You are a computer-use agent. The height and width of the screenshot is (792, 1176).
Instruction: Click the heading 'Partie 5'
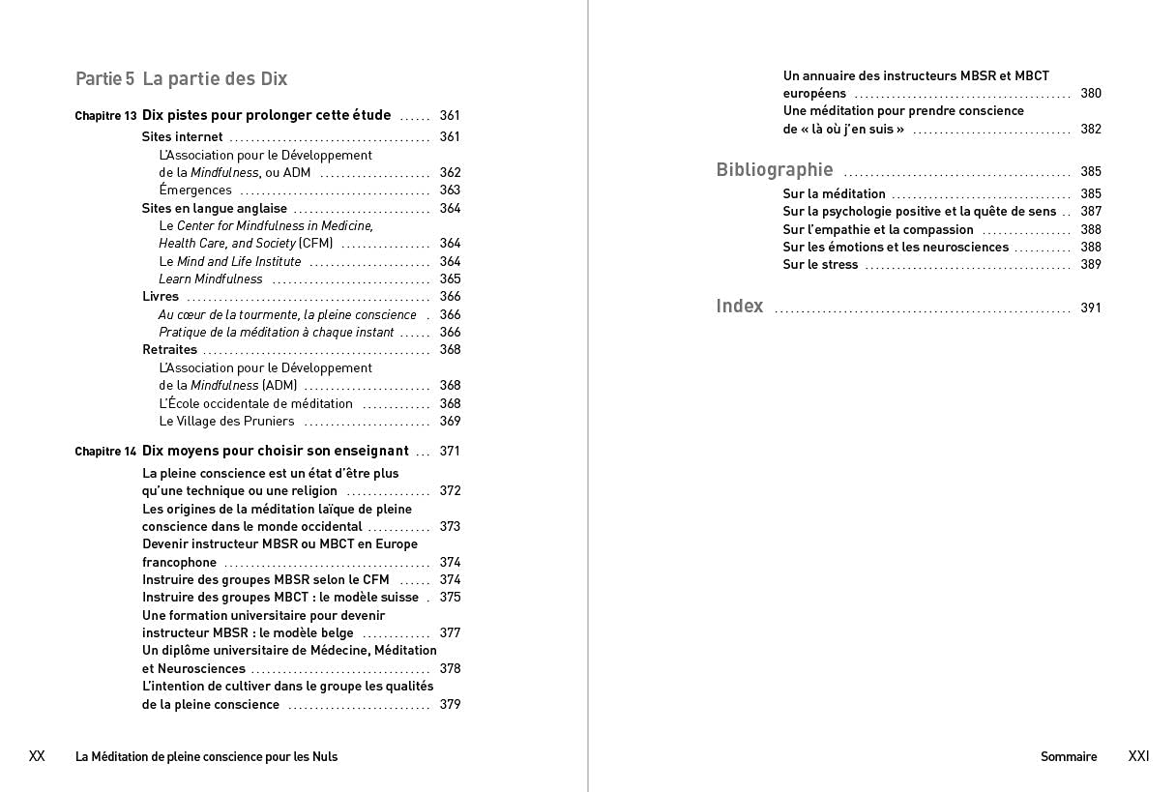(x=104, y=79)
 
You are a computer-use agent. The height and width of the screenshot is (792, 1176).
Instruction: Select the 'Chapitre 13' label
(x=105, y=116)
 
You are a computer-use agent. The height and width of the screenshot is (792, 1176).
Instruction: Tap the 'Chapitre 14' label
(x=105, y=452)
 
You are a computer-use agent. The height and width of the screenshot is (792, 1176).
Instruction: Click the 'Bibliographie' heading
(x=774, y=170)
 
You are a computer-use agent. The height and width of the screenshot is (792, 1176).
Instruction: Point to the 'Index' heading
(x=739, y=307)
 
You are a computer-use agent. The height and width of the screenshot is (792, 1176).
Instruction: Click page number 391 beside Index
(x=1090, y=308)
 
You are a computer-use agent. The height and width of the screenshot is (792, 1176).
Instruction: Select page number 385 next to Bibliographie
(x=1090, y=172)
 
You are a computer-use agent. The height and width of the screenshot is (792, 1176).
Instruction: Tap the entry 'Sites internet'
(x=182, y=137)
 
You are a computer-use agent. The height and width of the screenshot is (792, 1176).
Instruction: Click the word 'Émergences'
(x=195, y=191)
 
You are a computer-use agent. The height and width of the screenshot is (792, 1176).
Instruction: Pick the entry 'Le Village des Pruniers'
(x=226, y=422)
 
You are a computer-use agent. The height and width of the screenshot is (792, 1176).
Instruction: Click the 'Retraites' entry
(x=169, y=350)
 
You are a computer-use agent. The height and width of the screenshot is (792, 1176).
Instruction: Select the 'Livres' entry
(x=161, y=297)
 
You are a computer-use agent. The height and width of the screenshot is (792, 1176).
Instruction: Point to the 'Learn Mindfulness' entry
(x=210, y=279)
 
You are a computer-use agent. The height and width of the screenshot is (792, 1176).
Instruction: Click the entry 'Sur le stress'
(x=820, y=265)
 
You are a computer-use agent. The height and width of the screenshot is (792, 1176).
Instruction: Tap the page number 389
(x=1090, y=265)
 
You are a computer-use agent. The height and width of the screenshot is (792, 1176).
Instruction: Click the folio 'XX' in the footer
(x=37, y=756)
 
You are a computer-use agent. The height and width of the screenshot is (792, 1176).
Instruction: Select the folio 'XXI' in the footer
(x=1138, y=756)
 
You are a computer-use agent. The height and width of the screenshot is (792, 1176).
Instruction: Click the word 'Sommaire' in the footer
(x=1068, y=757)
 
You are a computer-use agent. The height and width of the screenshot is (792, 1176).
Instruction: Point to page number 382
(x=1090, y=130)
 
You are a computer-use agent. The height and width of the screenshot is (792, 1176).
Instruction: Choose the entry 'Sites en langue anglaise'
(x=214, y=209)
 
